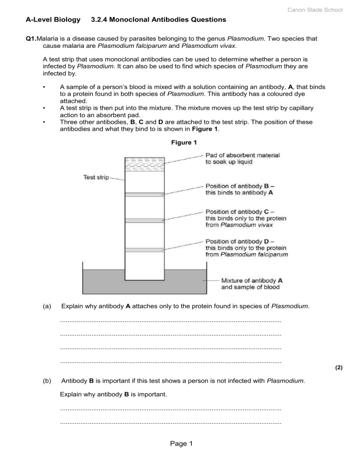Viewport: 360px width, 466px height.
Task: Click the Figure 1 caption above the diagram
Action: point(180,143)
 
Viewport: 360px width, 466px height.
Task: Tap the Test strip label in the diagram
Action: point(97,177)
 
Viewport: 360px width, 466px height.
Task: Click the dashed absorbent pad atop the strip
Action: point(145,165)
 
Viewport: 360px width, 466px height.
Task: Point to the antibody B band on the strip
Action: point(145,194)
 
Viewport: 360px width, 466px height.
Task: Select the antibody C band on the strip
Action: point(145,220)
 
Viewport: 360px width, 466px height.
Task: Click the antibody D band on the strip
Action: point(145,249)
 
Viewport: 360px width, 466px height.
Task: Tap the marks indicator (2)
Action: point(338,368)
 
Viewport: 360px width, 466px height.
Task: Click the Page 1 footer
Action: point(180,456)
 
